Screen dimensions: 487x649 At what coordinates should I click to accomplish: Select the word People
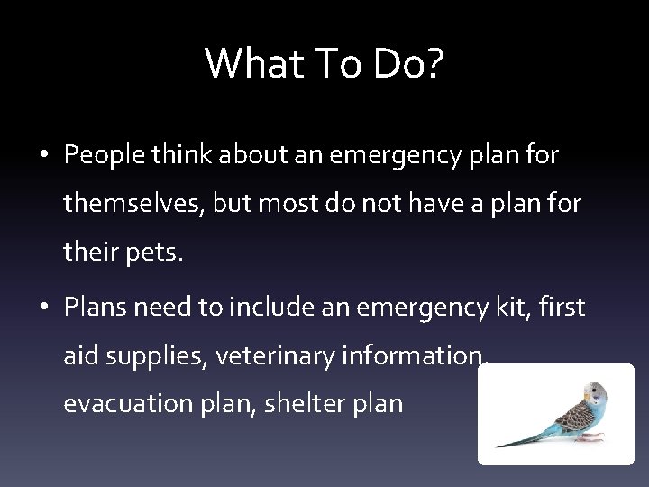pos(101,156)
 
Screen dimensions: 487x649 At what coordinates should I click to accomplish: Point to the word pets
pos(159,256)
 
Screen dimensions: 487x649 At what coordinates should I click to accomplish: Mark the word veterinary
pos(279,356)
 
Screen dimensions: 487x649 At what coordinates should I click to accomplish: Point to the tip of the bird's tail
pos(498,446)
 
